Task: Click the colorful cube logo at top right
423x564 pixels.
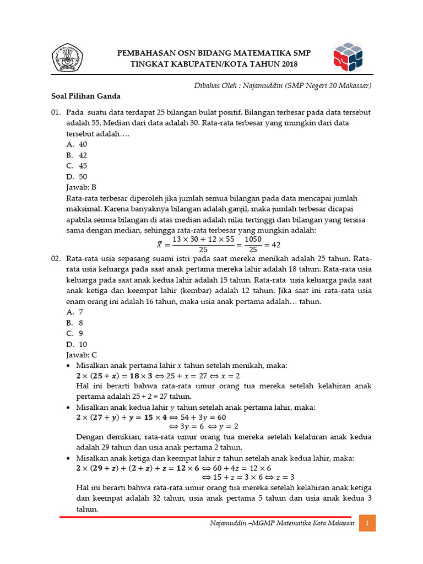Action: coord(348,58)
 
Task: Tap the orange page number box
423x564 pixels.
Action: coord(367,522)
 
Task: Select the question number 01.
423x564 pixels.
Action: coord(56,112)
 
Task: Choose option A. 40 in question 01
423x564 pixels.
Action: coord(77,144)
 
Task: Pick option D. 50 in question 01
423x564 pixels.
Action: coord(77,176)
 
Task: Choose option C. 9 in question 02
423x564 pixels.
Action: coord(74,333)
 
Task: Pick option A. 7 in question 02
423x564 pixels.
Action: coord(74,311)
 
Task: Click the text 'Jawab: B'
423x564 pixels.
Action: coord(81,187)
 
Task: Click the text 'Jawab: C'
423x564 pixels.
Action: coord(81,355)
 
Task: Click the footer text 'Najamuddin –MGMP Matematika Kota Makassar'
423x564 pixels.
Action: coord(283,522)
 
